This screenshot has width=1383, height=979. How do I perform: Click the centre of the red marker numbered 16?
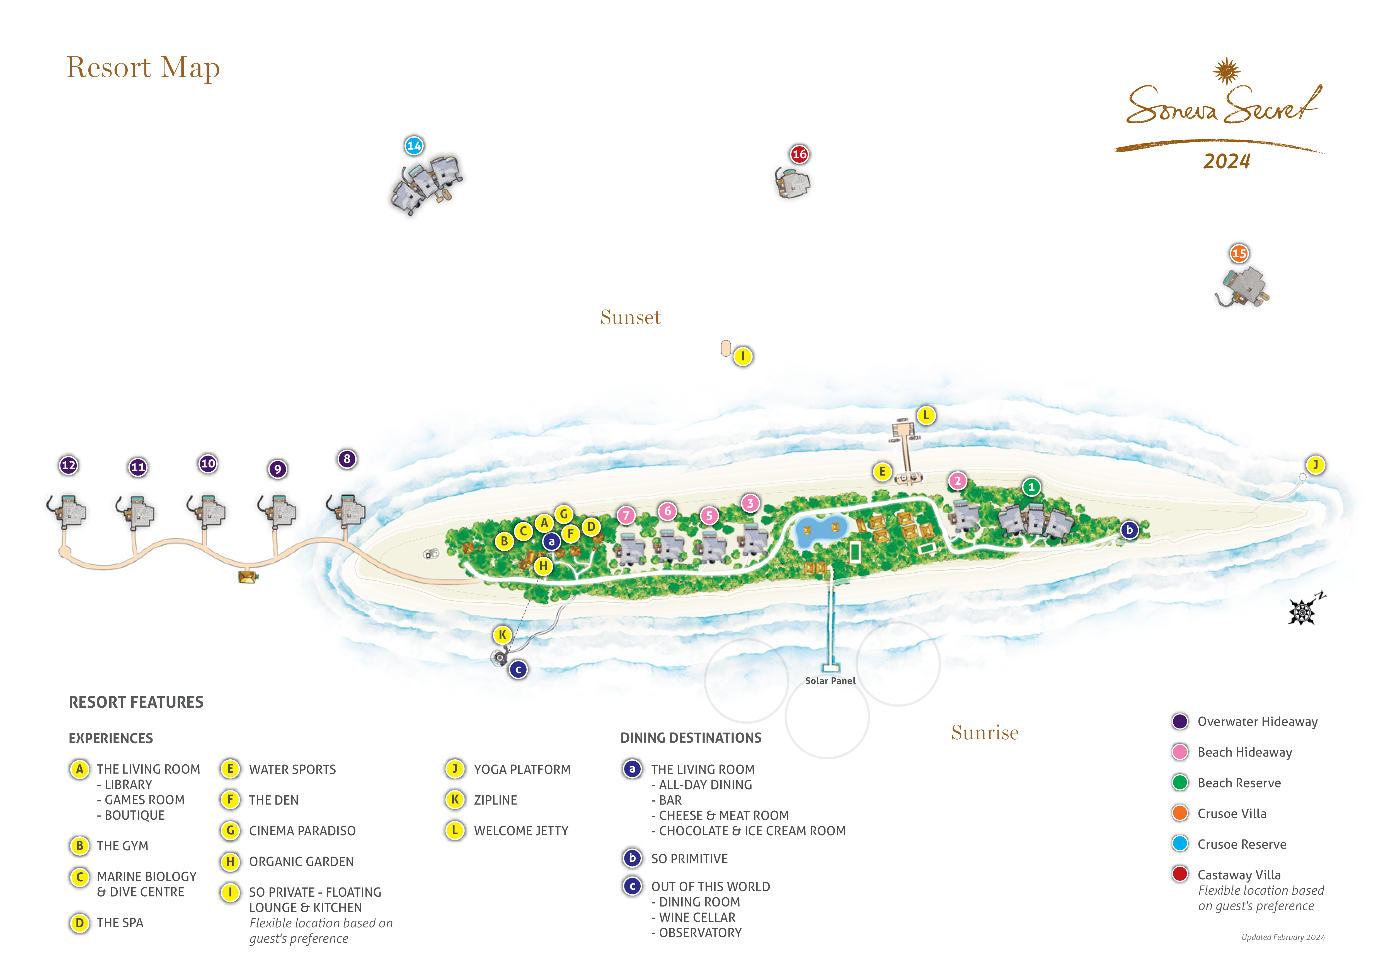[799, 154]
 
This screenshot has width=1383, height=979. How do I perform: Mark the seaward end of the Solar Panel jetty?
[831, 668]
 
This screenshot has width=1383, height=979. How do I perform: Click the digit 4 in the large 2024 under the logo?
[1244, 162]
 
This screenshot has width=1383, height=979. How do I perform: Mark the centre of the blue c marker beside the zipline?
[518, 670]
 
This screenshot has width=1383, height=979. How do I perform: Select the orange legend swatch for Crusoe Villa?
[1180, 813]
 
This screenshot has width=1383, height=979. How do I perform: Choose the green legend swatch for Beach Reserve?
[1180, 783]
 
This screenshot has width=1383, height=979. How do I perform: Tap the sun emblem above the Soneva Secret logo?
[1226, 71]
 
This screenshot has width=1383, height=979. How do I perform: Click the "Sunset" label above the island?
[631, 317]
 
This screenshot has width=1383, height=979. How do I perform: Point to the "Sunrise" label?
[985, 733]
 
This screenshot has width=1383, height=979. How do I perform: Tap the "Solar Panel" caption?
[830, 681]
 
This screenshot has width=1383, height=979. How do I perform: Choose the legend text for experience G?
[302, 831]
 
